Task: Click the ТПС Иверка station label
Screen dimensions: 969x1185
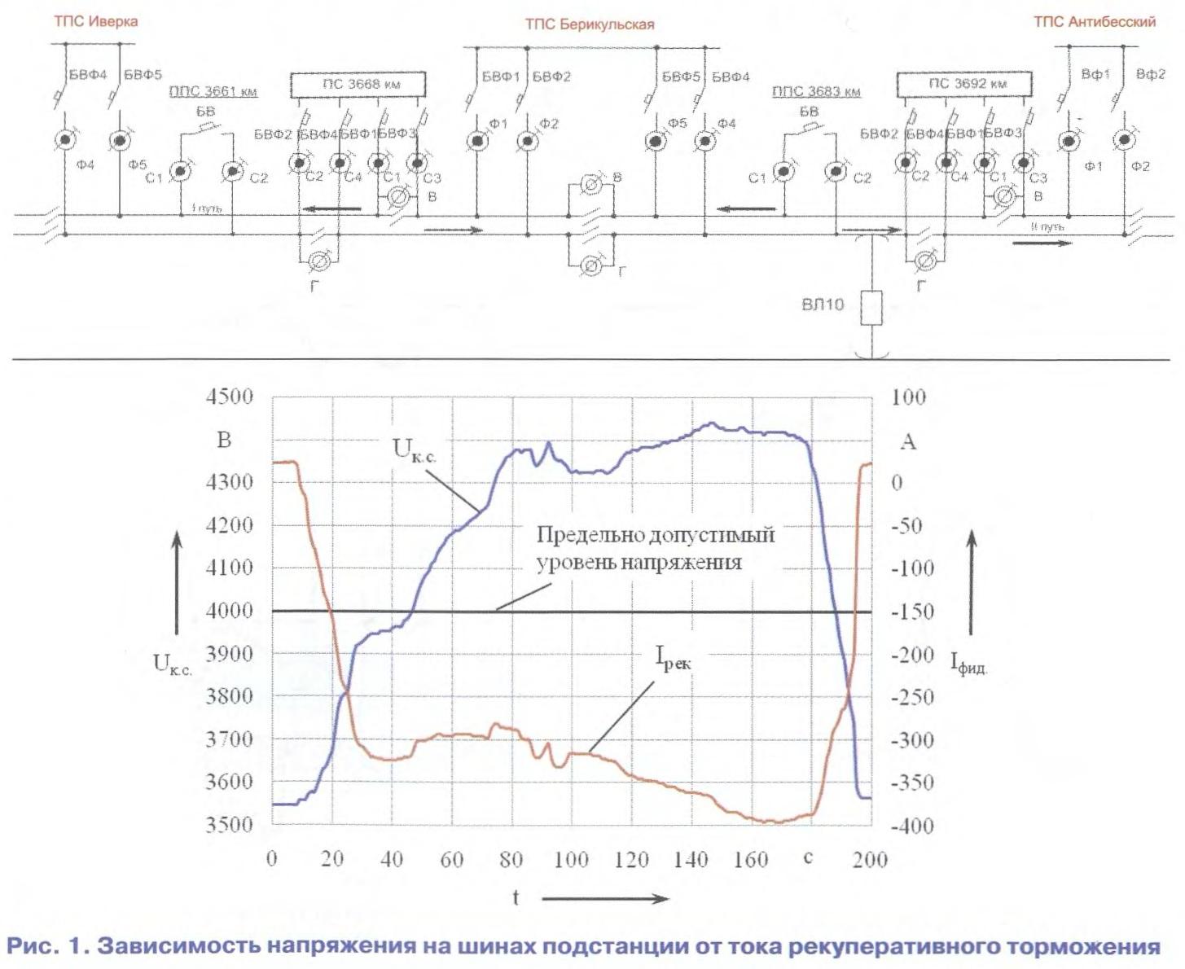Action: click(x=95, y=21)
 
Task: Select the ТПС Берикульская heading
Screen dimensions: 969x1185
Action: click(x=589, y=24)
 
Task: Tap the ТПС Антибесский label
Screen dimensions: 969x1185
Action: click(x=1094, y=22)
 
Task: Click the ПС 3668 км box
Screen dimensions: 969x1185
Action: click(x=360, y=84)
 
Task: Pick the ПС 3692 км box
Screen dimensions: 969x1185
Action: click(x=964, y=84)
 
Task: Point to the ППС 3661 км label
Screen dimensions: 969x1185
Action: click(x=213, y=91)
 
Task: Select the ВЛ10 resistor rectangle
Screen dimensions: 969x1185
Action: click(x=871, y=307)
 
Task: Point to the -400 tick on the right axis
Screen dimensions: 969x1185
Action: click(x=912, y=826)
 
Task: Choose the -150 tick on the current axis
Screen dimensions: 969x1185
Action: click(x=912, y=611)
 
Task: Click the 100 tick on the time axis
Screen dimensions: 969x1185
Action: click(x=571, y=860)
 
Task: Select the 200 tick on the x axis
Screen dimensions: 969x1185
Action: click(x=870, y=860)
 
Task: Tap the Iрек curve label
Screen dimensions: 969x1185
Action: click(x=673, y=658)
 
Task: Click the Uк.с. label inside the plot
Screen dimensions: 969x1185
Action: click(x=414, y=450)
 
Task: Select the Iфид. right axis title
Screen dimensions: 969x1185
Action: click(x=968, y=663)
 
